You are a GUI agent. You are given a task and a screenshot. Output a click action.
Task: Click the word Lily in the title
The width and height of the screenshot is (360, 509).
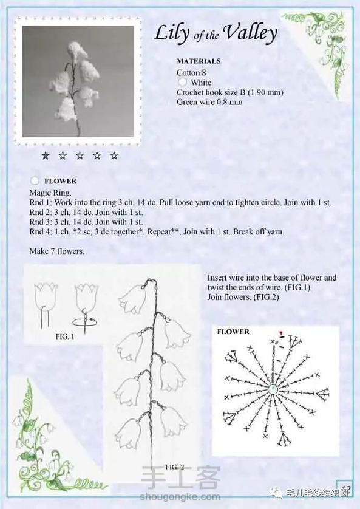coord(172,33)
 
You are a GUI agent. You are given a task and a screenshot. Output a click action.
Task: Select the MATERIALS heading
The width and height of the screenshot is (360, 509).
coord(199,61)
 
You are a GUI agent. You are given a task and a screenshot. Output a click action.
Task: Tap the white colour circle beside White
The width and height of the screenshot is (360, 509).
coord(183,82)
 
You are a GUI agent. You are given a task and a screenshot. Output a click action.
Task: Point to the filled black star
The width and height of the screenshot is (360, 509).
coord(46,155)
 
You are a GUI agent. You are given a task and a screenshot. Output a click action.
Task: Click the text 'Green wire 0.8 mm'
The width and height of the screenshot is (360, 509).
coord(209,102)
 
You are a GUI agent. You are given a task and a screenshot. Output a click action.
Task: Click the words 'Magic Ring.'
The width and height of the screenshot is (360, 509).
coord(50,193)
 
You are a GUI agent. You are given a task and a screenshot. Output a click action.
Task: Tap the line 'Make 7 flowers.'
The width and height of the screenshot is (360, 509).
coord(56,251)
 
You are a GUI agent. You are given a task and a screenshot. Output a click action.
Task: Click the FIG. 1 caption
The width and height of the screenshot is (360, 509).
coord(65,336)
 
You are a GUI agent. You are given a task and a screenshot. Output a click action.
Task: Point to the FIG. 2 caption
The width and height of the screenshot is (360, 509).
coord(175,467)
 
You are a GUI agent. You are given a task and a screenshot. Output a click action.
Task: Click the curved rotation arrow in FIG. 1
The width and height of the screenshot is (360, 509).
coord(86,323)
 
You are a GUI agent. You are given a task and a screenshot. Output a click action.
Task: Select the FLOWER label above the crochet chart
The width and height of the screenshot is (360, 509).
coord(233,332)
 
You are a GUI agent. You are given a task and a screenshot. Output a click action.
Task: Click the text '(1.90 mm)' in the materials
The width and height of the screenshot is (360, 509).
coord(265,92)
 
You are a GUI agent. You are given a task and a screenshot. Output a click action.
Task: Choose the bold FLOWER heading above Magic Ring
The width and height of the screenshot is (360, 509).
coord(60,181)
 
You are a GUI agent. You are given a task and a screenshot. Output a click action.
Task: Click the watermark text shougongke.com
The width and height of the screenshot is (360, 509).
coord(180,497)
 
